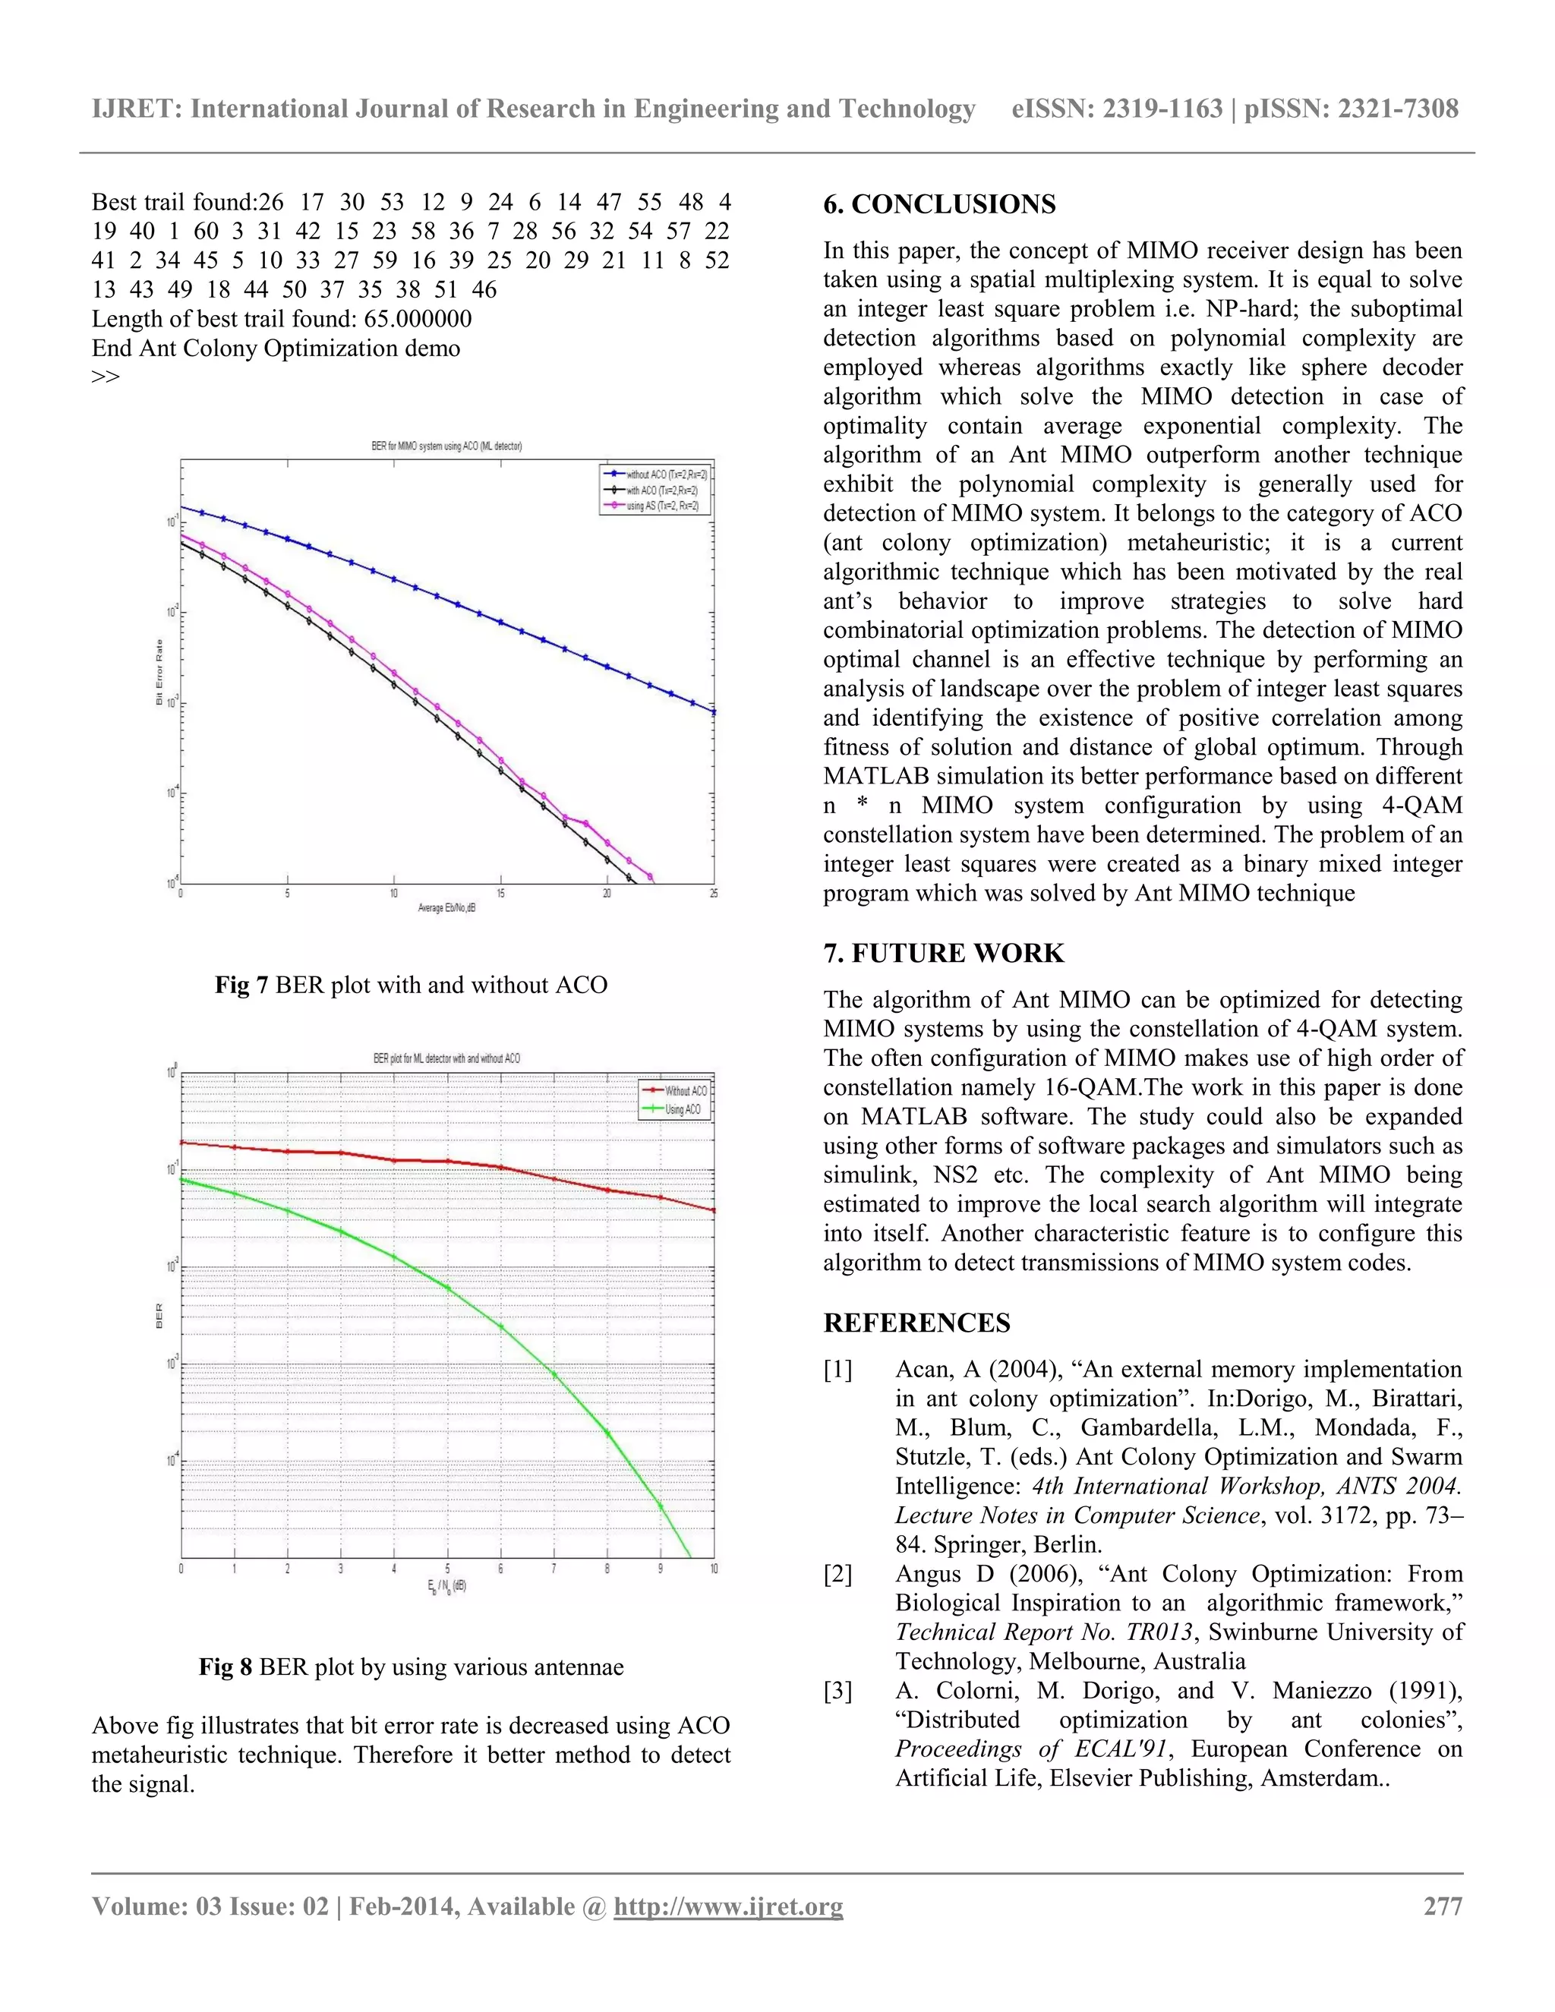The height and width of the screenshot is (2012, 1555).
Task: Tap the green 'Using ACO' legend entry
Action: coord(682,1109)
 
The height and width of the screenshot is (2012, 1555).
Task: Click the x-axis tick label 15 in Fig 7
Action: coord(500,893)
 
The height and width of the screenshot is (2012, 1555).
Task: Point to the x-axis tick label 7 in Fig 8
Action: coord(554,1568)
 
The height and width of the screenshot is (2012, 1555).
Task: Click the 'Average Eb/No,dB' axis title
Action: coord(446,907)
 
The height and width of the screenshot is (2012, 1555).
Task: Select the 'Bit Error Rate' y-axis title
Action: coord(159,673)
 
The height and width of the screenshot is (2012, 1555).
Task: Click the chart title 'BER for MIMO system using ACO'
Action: coord(446,446)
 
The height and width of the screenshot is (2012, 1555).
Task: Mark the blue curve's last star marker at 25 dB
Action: coord(714,711)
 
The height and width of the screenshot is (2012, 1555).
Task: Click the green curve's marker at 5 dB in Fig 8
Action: coord(448,1287)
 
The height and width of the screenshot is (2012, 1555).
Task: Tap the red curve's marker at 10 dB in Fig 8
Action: coord(714,1210)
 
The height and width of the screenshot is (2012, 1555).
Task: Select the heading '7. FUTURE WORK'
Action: coord(943,954)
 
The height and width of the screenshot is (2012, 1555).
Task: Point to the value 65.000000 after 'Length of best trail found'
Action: coord(418,319)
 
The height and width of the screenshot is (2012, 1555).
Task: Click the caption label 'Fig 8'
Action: coord(225,1667)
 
